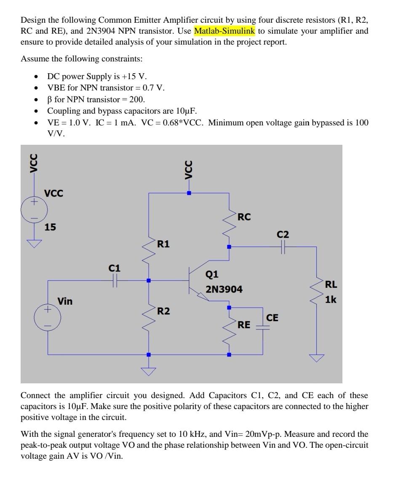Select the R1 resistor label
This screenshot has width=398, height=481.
[163, 244]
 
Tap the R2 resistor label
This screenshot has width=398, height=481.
[163, 311]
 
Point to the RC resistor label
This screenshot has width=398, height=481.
[244, 217]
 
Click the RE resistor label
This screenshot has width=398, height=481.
[244, 325]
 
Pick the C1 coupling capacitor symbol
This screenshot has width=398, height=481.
[115, 281]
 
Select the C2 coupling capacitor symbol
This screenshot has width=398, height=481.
[283, 247]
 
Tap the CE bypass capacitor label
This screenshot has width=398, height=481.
[272, 318]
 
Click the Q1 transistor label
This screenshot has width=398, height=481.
[212, 274]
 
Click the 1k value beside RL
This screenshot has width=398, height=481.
[331, 300]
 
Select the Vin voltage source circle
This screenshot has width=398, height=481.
[48, 317]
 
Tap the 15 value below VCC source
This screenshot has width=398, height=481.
[51, 227]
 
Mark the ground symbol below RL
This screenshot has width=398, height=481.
[317, 358]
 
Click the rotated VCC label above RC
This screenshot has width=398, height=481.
[189, 170]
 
